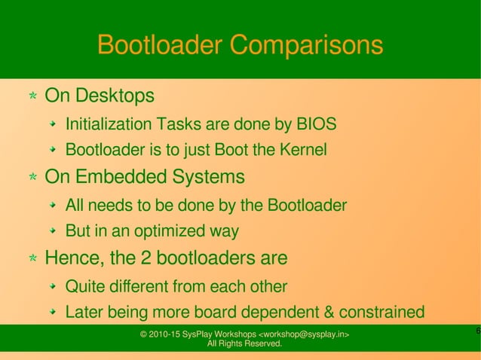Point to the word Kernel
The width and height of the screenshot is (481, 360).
(303, 151)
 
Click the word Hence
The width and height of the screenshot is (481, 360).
(75, 259)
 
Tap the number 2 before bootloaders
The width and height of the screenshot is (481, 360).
(148, 259)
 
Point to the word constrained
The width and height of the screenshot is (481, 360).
(382, 313)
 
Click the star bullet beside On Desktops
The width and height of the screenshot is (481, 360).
(33, 97)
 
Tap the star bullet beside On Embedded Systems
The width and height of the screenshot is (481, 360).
(33, 178)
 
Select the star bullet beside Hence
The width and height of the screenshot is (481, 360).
(33, 260)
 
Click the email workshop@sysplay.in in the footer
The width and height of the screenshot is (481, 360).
(303, 334)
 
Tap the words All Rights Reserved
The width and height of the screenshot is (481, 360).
(244, 344)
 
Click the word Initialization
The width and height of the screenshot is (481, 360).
(109, 124)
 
